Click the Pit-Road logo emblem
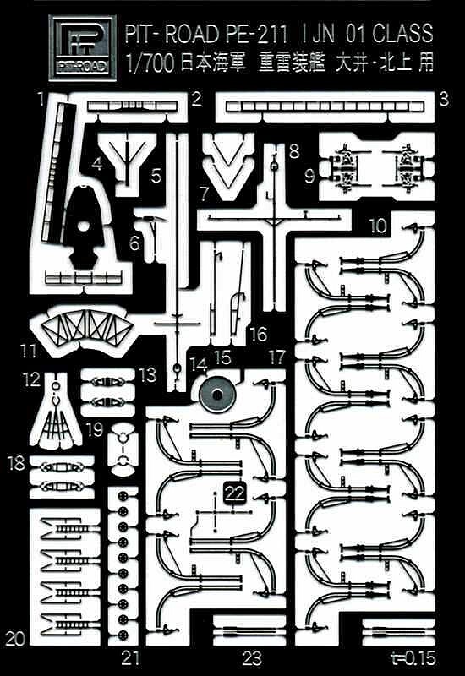pos(82,47)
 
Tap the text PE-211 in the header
pos(256,34)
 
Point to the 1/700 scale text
pos(151,63)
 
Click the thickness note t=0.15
pos(413,658)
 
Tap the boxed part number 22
pos(235,493)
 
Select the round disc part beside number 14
pos(217,395)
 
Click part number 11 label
pos(29,351)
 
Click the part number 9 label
pos(309,176)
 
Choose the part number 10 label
pos(378,225)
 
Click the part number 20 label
pos(15,638)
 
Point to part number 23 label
pos(252,658)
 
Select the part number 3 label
pos(444,100)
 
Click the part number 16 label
pos(259,334)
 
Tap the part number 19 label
pos(95,430)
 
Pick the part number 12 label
pos(32,379)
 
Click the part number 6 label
pos(134,243)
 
